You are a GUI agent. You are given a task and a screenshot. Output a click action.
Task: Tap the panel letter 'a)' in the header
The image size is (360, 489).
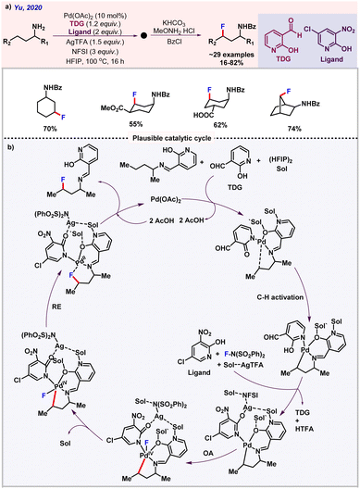(x=7, y=7)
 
